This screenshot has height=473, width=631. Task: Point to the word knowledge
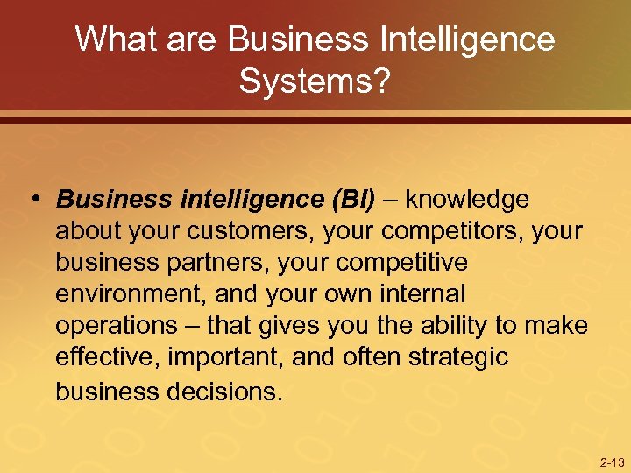tap(466, 200)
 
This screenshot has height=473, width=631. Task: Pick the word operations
tap(116, 326)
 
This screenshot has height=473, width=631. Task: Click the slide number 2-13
tap(611, 462)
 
